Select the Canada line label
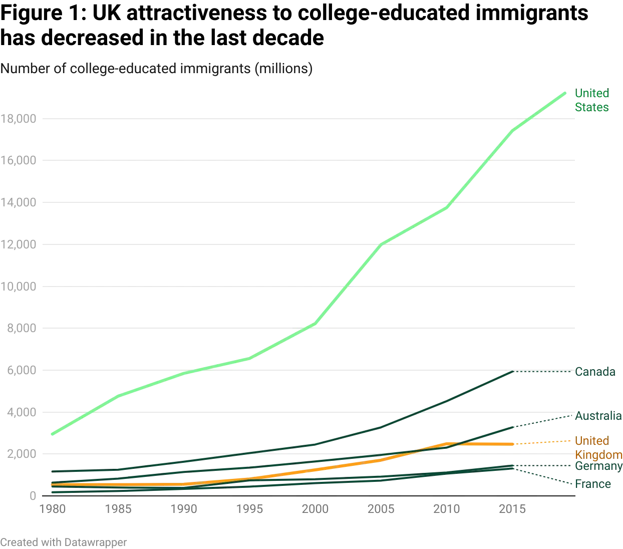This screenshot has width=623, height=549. tap(594, 372)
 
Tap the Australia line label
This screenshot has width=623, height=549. tap(597, 416)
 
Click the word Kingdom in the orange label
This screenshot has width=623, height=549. tap(597, 454)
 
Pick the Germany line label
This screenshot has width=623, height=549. tap(597, 467)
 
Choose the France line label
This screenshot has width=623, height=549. tap(592, 484)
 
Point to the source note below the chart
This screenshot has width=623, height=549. tap(64, 542)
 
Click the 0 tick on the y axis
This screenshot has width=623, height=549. tap(32, 495)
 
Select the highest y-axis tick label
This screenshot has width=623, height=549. tap(20, 119)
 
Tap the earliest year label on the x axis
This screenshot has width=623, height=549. tap(54, 509)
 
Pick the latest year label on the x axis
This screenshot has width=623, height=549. tap(512, 509)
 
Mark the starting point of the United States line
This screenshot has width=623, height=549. tap(51, 434)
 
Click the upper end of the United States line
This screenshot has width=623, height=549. tap(566, 92)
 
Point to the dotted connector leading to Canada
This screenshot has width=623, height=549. tap(543, 371)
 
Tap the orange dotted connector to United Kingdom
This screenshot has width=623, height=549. tap(543, 442)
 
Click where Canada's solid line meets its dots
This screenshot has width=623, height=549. tap(514, 371)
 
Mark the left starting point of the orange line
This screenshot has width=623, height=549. tap(51, 484)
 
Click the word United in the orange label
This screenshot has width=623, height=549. tap(591, 441)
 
